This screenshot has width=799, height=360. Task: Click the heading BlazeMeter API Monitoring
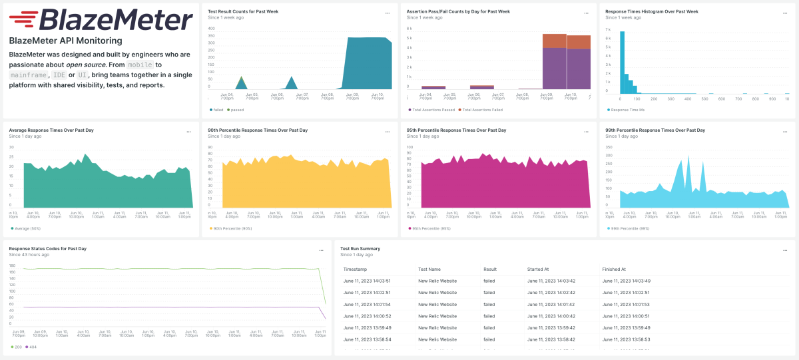coord(65,41)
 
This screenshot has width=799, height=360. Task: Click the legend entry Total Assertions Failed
coord(482,110)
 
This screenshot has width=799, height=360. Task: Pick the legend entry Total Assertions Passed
coord(432,110)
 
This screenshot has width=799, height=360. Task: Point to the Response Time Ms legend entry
coord(627,110)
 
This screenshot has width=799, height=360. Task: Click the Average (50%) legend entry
coord(27,228)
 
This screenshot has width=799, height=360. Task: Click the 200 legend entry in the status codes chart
coord(16,347)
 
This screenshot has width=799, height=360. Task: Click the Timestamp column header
coord(355,270)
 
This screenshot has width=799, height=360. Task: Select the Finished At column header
coord(614,270)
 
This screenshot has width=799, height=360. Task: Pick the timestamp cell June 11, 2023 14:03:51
coord(367,281)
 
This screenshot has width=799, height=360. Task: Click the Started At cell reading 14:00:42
coord(551,316)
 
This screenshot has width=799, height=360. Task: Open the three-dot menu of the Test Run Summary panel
coord(785,250)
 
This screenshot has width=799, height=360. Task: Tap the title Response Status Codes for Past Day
coord(48,248)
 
